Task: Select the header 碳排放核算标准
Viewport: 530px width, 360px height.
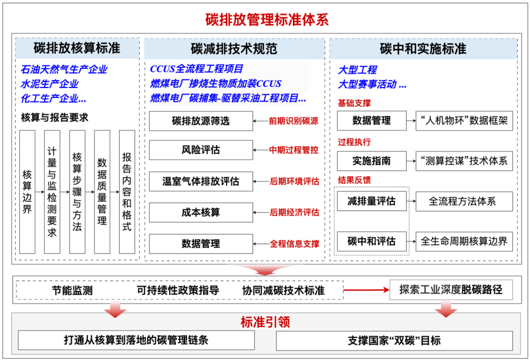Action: (x=77, y=48)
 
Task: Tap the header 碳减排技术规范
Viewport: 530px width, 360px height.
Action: (x=234, y=48)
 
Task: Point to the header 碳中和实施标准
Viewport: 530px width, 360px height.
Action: (x=423, y=48)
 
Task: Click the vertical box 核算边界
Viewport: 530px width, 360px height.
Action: (x=27, y=192)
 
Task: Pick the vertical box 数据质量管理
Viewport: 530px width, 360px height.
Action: (x=102, y=192)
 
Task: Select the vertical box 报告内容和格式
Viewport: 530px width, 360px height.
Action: (x=126, y=192)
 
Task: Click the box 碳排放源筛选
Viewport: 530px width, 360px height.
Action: (x=201, y=121)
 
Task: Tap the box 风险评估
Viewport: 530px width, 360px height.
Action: (x=201, y=150)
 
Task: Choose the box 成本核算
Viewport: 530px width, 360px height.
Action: (x=201, y=212)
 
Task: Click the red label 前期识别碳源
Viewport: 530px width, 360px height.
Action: (x=293, y=121)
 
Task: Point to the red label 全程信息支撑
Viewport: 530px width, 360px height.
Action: (x=294, y=243)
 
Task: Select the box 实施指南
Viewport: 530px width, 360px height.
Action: (x=372, y=160)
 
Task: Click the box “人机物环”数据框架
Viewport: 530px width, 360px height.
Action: (x=464, y=121)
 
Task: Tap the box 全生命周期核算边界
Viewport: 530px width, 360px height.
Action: (x=464, y=241)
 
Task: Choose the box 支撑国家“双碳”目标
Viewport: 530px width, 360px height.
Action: (x=394, y=341)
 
